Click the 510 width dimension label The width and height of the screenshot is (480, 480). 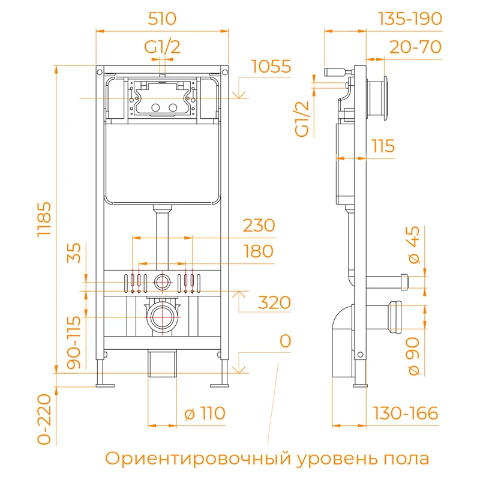click(162, 19)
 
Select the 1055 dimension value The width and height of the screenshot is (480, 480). click(271, 67)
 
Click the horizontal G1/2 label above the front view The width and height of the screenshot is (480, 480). click(162, 47)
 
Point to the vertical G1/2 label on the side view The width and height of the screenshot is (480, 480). click(304, 118)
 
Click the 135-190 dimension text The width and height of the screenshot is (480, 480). click(410, 19)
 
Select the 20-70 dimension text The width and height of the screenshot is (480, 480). click(415, 47)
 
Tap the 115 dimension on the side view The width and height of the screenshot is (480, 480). click(382, 146)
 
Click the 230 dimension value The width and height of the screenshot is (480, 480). click(259, 226)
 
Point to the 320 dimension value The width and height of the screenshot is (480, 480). click(275, 302)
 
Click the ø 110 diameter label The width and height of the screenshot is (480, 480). click(205, 413)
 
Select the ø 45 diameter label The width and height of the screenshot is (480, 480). click(414, 247)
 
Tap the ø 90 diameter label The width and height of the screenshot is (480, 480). click(414, 355)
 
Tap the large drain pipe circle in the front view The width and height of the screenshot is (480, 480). click(161, 316)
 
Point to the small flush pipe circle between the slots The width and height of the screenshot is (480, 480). click(161, 281)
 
